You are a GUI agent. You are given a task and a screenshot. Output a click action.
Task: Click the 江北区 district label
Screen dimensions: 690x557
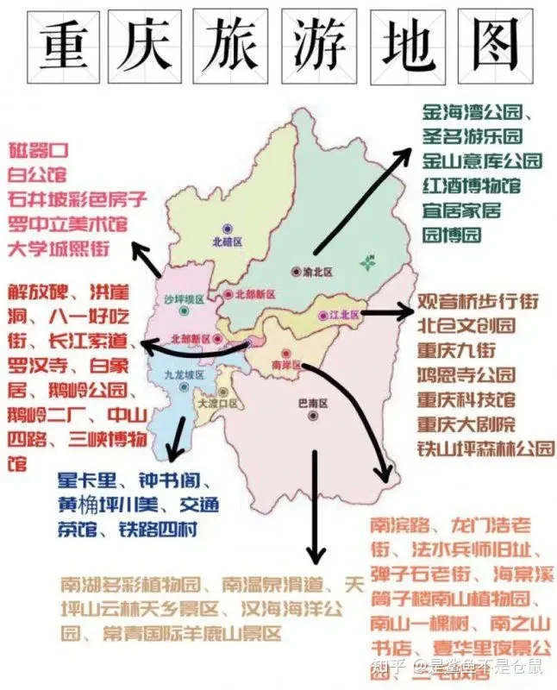(x=342, y=316)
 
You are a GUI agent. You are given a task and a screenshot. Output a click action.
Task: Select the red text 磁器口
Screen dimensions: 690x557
(x=36, y=151)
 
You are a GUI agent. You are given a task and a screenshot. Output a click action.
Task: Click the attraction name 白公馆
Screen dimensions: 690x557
(x=36, y=175)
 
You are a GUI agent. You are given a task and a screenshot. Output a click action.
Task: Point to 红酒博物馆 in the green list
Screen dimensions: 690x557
(x=471, y=185)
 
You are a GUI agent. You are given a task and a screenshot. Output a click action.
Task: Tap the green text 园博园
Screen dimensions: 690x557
(x=451, y=235)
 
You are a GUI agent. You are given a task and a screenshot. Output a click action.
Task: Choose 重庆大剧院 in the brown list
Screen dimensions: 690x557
(x=466, y=424)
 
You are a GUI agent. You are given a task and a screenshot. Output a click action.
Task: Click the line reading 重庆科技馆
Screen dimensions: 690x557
(x=466, y=400)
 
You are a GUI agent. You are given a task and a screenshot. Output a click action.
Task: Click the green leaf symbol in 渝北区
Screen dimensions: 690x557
(x=368, y=261)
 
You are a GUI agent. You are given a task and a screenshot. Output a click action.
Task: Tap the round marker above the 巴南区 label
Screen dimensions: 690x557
(x=310, y=415)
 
